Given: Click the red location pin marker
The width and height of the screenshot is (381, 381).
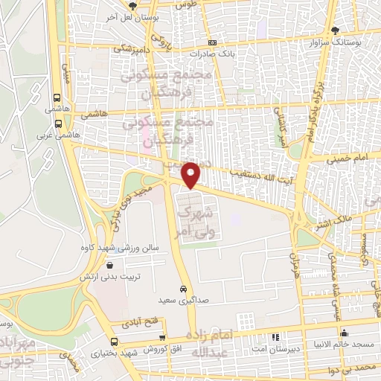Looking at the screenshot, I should tap(191, 174).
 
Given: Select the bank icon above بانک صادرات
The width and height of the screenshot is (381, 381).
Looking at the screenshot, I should tap(213, 42).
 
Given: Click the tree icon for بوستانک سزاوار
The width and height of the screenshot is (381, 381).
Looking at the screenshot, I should tap(336, 31).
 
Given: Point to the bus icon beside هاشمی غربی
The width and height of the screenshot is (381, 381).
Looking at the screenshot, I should tap(57, 123).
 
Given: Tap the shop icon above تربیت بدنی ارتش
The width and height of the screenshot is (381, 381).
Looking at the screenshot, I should tap(110, 264).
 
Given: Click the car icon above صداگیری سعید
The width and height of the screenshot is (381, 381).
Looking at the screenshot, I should tap(183, 288).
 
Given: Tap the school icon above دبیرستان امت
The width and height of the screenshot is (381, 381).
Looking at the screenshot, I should tap(276, 337).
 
